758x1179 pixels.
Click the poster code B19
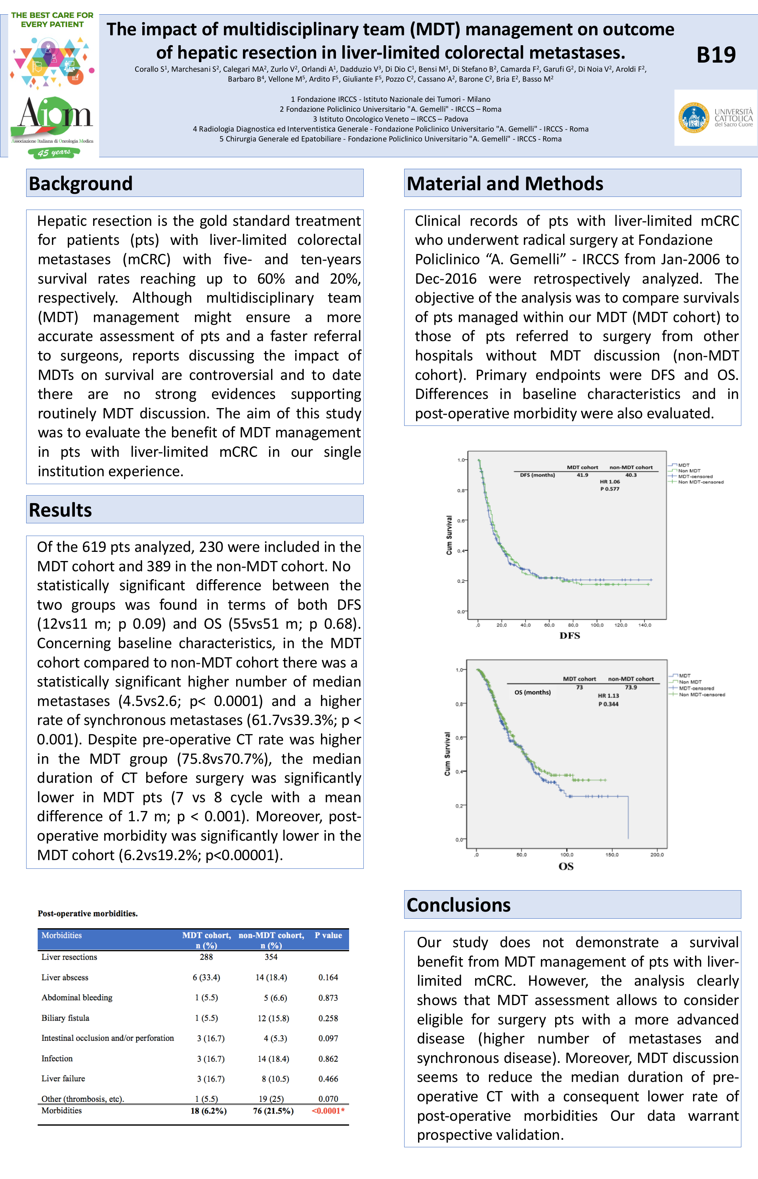pos(716,55)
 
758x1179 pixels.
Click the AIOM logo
pos(54,118)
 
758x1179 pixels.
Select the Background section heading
pos(81,183)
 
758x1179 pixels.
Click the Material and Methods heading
pos(504,183)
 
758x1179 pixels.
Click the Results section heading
pos(61,510)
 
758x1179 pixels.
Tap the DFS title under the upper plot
pos(569,635)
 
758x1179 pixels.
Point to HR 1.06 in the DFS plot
pos(609,482)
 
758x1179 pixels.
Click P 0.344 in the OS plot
pos(608,704)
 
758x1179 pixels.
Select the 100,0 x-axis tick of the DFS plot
pos(597,625)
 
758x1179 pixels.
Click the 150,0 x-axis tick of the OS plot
pos(612,854)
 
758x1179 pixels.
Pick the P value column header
pos(328,935)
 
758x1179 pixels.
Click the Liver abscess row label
pos(65,977)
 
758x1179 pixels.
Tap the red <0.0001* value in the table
pos(328,1110)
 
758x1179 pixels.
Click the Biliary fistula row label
pos(65,1018)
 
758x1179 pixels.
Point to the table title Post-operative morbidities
pos(88,913)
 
